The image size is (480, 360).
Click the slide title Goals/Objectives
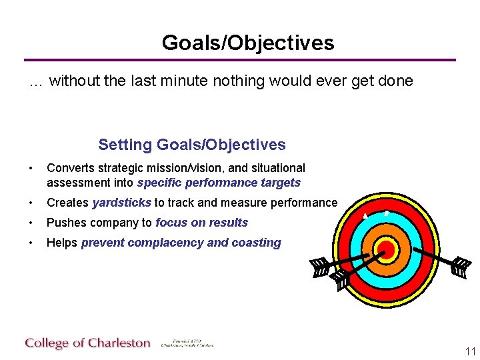(247, 43)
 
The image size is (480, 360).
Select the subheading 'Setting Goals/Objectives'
(192, 145)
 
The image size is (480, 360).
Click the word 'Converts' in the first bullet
(67, 168)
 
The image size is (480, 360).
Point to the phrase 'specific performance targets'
(219, 183)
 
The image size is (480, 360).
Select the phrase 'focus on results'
(201, 223)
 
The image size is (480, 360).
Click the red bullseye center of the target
(385, 250)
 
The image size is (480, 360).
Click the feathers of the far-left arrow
(319, 267)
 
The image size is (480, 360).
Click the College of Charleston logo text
(88, 343)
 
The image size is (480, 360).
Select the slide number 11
(471, 352)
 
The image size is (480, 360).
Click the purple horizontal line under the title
(240, 60)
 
